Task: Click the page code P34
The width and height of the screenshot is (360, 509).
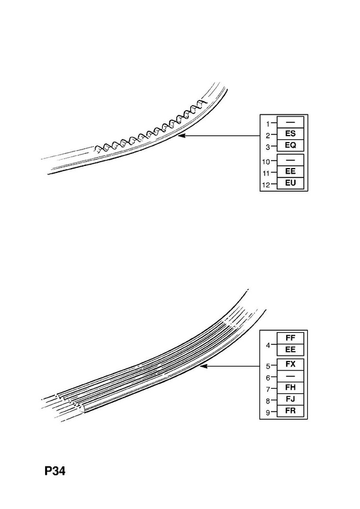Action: (55, 471)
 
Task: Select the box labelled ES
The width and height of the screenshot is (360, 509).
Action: (290, 134)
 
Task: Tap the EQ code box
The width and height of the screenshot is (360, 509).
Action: (290, 145)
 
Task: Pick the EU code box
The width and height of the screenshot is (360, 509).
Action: (290, 183)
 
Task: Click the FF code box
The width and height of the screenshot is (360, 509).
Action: (290, 338)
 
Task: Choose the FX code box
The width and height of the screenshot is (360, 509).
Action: (290, 364)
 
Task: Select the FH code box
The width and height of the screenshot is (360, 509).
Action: (290, 387)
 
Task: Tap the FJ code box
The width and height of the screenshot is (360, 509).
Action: (290, 400)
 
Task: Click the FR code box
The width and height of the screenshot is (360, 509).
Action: (290, 411)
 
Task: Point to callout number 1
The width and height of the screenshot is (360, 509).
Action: (268, 123)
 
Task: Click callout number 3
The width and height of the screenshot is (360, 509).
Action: (268, 147)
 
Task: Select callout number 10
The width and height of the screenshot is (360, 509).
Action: (266, 162)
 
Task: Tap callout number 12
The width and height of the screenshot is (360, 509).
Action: (266, 185)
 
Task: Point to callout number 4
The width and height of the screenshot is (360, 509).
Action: (268, 345)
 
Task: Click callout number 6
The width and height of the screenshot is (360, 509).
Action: (268, 378)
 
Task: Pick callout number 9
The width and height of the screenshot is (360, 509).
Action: (268, 412)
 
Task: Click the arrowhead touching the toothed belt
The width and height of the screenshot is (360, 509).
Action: (181, 136)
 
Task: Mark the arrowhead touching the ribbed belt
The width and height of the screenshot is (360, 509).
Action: (204, 366)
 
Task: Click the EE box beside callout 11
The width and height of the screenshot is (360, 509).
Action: (290, 171)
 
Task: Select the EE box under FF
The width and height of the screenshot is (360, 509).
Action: (290, 349)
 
